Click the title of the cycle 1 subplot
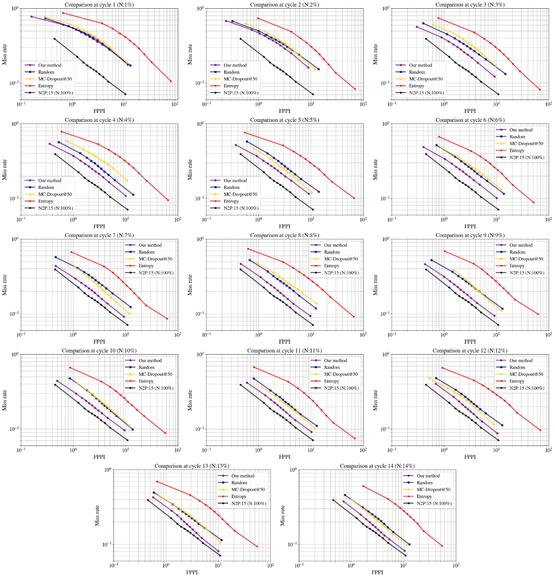point(99,5)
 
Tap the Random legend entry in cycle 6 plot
point(517,137)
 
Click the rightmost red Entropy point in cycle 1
point(171,81)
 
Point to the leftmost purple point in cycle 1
point(32,17)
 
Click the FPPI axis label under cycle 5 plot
point(284,226)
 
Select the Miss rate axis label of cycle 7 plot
point(4,285)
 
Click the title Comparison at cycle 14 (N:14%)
point(377,466)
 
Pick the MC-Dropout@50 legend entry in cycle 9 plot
point(526,259)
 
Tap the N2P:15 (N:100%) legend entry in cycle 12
point(526,388)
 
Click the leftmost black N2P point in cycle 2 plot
point(241,39)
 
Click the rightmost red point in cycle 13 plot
point(257,546)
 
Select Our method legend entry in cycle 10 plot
point(150,361)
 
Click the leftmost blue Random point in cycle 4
point(59,142)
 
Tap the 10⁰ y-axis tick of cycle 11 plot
point(200,355)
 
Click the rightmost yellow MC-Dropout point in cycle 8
point(316,303)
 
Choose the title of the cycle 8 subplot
point(284,235)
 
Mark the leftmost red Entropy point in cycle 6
point(439,137)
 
